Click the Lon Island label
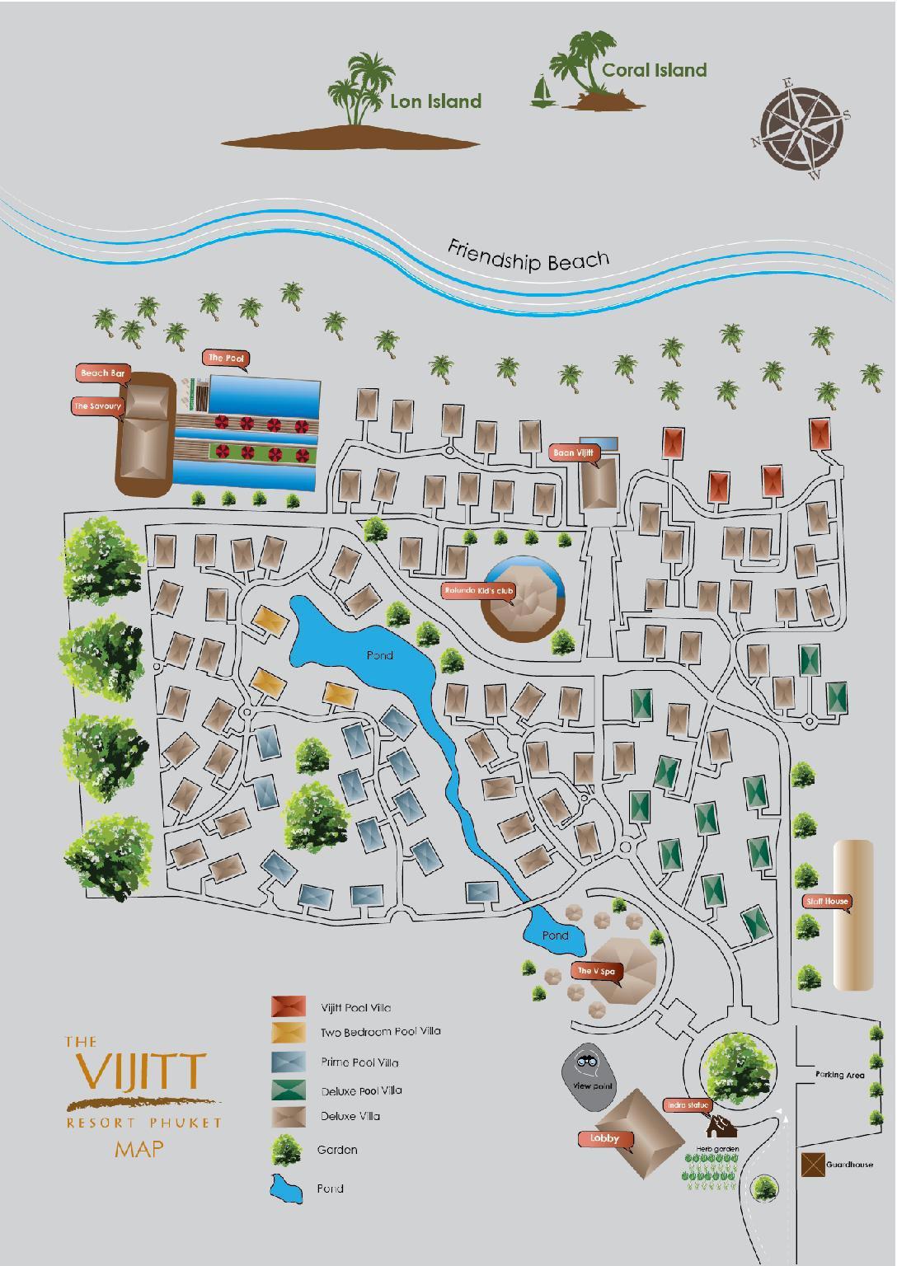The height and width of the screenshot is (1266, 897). pyautogui.click(x=435, y=101)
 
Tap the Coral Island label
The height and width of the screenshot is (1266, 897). pyautogui.click(x=654, y=70)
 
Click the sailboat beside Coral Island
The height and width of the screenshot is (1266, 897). pyautogui.click(x=542, y=91)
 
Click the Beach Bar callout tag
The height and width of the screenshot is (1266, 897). pyautogui.click(x=103, y=373)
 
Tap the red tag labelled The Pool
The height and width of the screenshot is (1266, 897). pyautogui.click(x=227, y=358)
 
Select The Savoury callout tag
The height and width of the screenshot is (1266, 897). pyautogui.click(x=97, y=406)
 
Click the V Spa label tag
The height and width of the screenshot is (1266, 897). pyautogui.click(x=594, y=971)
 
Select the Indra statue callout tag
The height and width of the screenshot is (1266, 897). pyautogui.click(x=687, y=1104)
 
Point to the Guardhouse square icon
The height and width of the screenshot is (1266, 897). pyautogui.click(x=813, y=1164)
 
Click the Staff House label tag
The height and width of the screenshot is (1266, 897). pyautogui.click(x=826, y=901)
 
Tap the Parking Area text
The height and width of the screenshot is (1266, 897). pyautogui.click(x=839, y=1075)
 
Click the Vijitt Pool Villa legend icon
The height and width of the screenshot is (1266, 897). pyautogui.click(x=289, y=1006)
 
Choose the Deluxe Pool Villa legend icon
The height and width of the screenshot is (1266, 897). pyautogui.click(x=289, y=1090)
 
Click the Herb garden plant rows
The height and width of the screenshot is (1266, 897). pyautogui.click(x=711, y=1170)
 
